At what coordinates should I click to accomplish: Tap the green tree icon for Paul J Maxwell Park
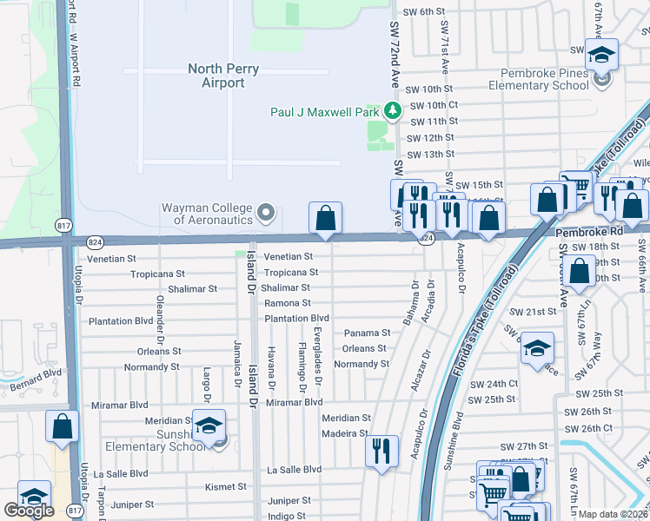(393, 110)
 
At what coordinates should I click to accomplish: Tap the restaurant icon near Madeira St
(381, 451)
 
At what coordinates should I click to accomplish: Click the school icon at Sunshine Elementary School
(209, 425)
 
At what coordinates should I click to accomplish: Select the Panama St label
(367, 333)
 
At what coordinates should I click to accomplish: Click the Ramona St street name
(288, 303)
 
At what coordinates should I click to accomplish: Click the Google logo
(29, 511)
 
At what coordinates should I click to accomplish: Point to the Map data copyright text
(613, 513)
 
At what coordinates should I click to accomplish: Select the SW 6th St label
(426, 11)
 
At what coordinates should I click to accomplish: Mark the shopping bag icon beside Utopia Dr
(62, 426)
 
